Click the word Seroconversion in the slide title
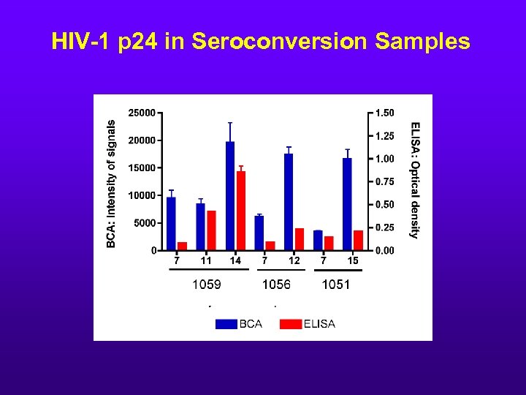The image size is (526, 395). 280,42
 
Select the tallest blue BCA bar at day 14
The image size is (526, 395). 230,195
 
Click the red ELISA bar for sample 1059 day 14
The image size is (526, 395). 241,211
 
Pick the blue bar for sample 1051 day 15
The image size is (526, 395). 347,204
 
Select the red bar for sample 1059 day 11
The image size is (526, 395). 211,230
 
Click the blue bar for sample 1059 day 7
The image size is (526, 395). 171,223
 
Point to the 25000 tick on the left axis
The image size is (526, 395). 142,113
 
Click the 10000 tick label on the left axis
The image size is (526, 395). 142,195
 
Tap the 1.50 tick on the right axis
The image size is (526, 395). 384,113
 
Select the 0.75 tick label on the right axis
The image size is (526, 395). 384,181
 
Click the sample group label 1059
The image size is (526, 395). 206,285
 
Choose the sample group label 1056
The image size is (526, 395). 276,285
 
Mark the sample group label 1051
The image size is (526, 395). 336,285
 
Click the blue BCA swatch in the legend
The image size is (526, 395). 226,324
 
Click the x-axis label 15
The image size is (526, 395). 353,260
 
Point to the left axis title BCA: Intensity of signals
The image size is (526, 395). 111,184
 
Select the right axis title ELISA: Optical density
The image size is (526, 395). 415,180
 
